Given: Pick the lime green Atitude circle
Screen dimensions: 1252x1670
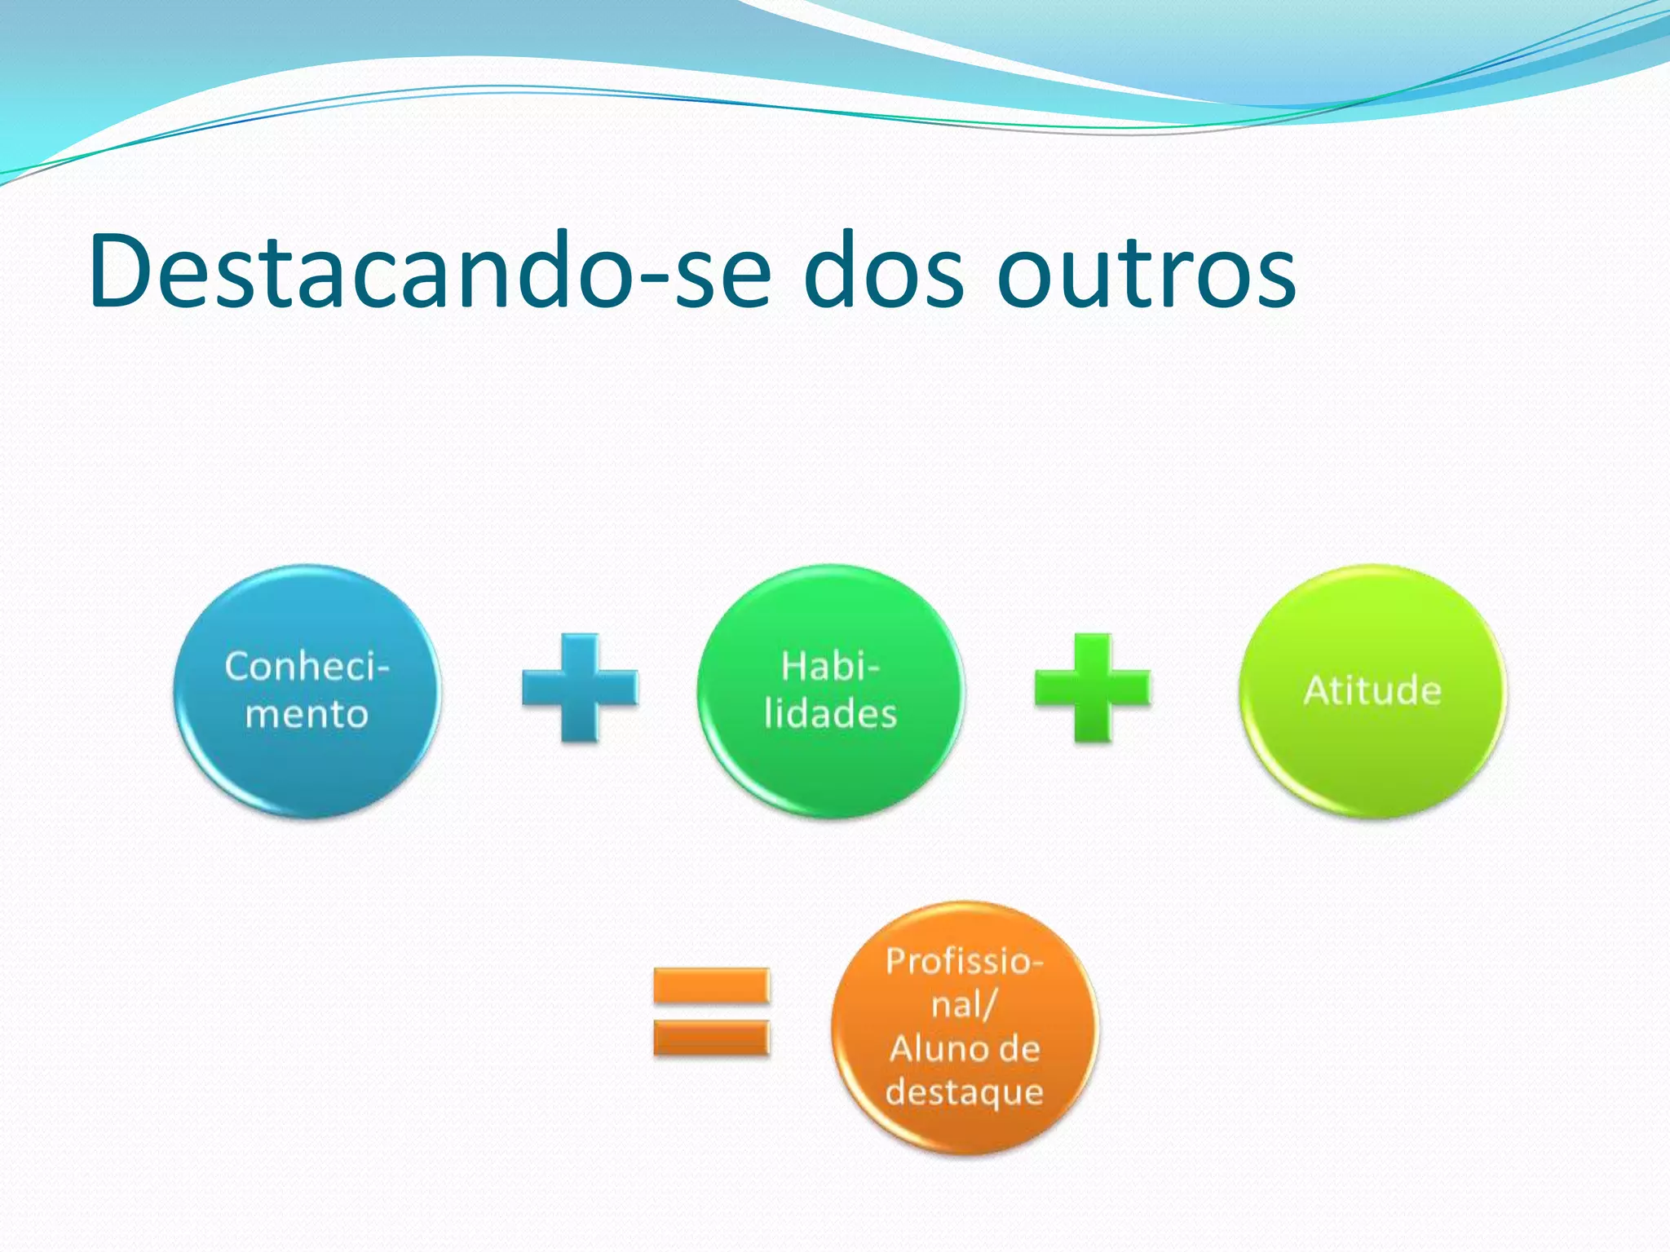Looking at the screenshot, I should coord(1372,758).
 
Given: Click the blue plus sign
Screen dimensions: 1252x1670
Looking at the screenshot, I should coord(580,687).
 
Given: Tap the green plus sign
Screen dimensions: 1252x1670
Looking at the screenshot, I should coord(1092,687).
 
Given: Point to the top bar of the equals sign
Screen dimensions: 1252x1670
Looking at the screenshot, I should coord(711,985).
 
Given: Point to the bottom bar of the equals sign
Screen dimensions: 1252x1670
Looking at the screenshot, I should coord(711,1038).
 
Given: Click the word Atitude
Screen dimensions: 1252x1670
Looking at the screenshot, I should coord(1372,690).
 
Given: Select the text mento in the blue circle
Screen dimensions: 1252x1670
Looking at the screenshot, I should coord(307,714).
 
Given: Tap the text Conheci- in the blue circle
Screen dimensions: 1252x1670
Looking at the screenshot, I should coord(307,666).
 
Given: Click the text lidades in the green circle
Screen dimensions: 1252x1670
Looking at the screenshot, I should coord(830,713).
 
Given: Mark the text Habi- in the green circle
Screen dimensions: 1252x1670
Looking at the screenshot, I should coord(830,666).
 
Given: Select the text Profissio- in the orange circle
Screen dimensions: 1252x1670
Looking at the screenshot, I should coord(965,961).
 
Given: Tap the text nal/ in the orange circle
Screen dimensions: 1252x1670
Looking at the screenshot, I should coord(963,1004).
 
